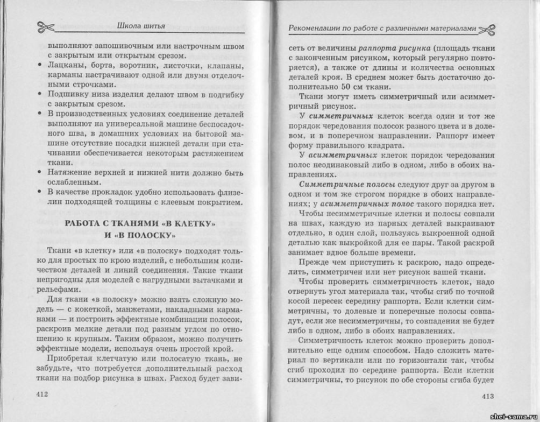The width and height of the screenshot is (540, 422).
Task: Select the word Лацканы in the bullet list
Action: pos(65,66)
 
